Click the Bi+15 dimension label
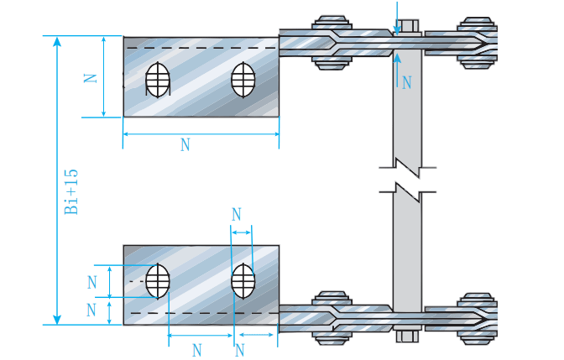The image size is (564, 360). (72, 191)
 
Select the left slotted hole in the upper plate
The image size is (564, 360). (157, 81)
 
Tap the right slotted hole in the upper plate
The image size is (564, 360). (243, 81)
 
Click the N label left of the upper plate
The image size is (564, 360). (91, 77)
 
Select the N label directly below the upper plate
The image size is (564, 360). (185, 145)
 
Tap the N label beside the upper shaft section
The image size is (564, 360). (407, 82)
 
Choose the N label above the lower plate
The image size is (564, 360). (237, 215)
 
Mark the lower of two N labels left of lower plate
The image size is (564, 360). (93, 310)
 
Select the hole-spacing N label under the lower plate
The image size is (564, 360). (198, 348)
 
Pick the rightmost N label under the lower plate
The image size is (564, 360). (240, 348)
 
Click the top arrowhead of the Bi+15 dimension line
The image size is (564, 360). (57, 40)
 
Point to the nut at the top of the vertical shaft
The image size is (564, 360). (409, 25)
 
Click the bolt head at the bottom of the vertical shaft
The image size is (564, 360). (409, 337)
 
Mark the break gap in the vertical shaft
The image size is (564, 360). (408, 177)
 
